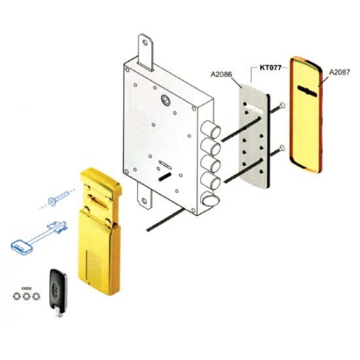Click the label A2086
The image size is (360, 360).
[x=221, y=75]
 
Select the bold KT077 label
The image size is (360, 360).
[x=270, y=67]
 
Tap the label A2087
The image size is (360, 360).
[x=339, y=72]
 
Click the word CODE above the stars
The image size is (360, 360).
[x=26, y=289]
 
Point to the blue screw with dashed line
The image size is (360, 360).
[x=58, y=198]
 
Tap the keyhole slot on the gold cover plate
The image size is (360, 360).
[x=307, y=90]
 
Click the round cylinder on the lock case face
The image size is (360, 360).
[x=166, y=99]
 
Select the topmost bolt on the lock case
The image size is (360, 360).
[x=210, y=129]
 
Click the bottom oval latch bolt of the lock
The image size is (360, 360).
[x=209, y=199]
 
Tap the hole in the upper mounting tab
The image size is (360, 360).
[x=145, y=43]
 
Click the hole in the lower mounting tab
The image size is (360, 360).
[x=144, y=201]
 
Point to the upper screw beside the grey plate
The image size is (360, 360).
[x=278, y=109]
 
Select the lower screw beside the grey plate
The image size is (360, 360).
[x=278, y=151]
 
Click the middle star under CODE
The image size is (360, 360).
[x=27, y=297]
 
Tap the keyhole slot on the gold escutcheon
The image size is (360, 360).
[x=99, y=203]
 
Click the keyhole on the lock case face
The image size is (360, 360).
[x=166, y=164]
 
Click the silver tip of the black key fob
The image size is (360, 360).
[x=59, y=313]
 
